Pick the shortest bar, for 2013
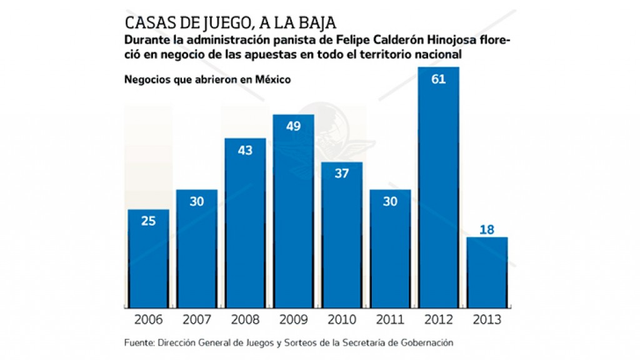coord(487,272)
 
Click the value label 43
coord(245,151)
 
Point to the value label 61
coord(438,79)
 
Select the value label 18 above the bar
coord(487,229)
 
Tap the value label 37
coord(341,174)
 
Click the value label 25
coord(148,221)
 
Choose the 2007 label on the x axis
coord(196,320)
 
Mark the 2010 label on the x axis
coord(341,320)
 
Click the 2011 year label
coord(390,320)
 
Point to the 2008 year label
coord(245,320)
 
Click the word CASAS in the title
coord(148,23)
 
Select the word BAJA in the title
coord(317,23)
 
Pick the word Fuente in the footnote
coord(139,342)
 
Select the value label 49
coord(293,126)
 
